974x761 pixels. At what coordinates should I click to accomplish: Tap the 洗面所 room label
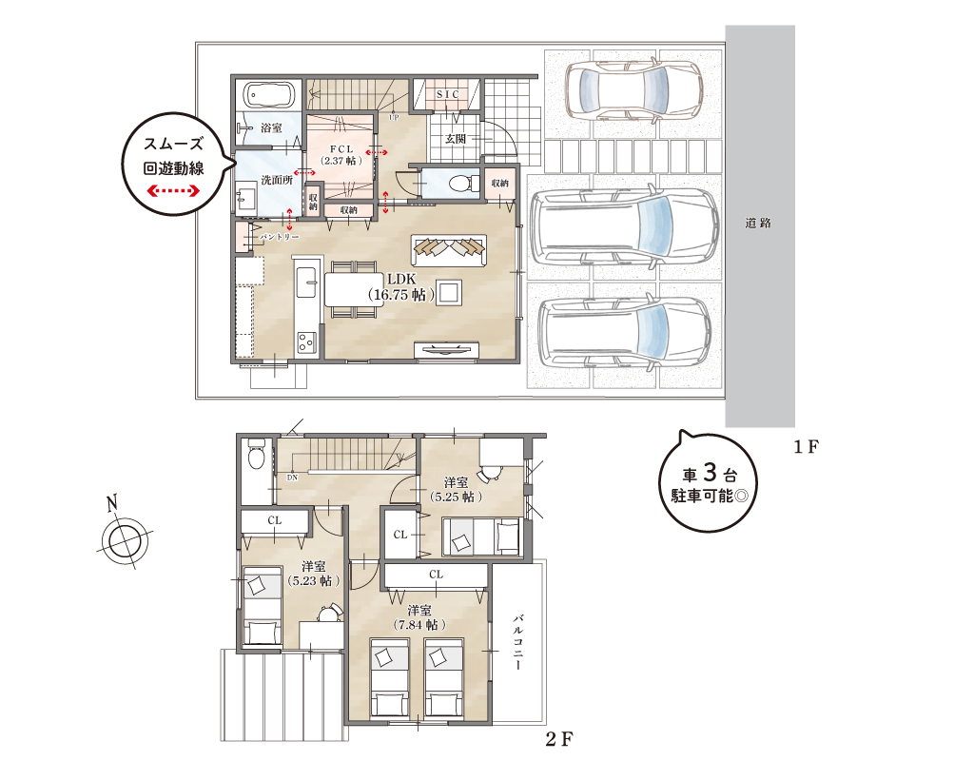pos(277,179)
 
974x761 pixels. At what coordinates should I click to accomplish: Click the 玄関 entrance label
pos(455,138)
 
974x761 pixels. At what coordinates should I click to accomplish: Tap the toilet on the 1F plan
pos(462,183)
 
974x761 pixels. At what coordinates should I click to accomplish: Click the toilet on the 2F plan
pos(255,457)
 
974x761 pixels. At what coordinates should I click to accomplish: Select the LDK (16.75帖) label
pos(401,286)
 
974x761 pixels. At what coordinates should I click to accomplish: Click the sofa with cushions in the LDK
pos(449,249)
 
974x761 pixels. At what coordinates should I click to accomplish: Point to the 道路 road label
pos(758,224)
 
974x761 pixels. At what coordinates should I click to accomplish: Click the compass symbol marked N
pos(123,537)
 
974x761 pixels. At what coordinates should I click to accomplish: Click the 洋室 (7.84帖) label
pos(419,616)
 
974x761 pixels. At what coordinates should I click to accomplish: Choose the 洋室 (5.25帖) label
pos(456,489)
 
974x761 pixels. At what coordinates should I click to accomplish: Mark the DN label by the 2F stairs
pos(292,477)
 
